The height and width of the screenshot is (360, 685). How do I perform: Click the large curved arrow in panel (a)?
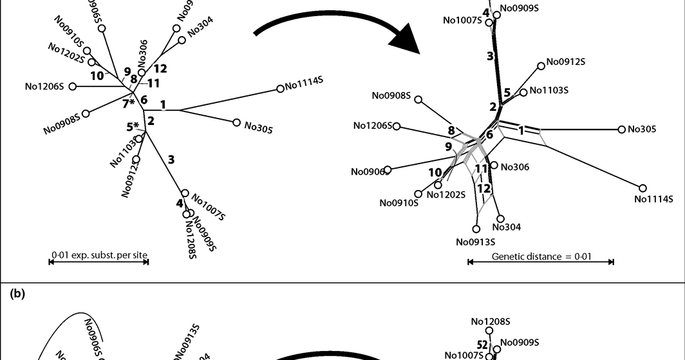pos(335,29)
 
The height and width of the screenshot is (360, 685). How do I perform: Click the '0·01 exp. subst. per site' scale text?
pos(100,256)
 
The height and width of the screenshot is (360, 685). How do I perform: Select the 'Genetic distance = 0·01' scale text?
pos(541,256)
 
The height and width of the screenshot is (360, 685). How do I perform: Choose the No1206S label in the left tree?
pos(44,86)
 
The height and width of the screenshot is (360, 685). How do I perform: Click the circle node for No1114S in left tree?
pos(280,89)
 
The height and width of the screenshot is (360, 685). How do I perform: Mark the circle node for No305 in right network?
pos(622,129)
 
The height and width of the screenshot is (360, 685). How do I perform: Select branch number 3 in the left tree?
pos(171,160)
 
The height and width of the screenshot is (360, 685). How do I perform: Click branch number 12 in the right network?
pos(483,188)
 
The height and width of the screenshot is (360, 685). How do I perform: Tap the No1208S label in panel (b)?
pos(491,321)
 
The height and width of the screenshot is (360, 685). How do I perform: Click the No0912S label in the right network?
pos(566,62)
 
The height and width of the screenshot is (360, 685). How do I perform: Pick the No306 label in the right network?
pos(514,167)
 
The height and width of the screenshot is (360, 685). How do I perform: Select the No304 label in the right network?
pos(507,227)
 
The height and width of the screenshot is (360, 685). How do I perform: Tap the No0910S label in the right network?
pos(399,203)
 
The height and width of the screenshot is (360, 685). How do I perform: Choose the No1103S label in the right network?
pos(549,91)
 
